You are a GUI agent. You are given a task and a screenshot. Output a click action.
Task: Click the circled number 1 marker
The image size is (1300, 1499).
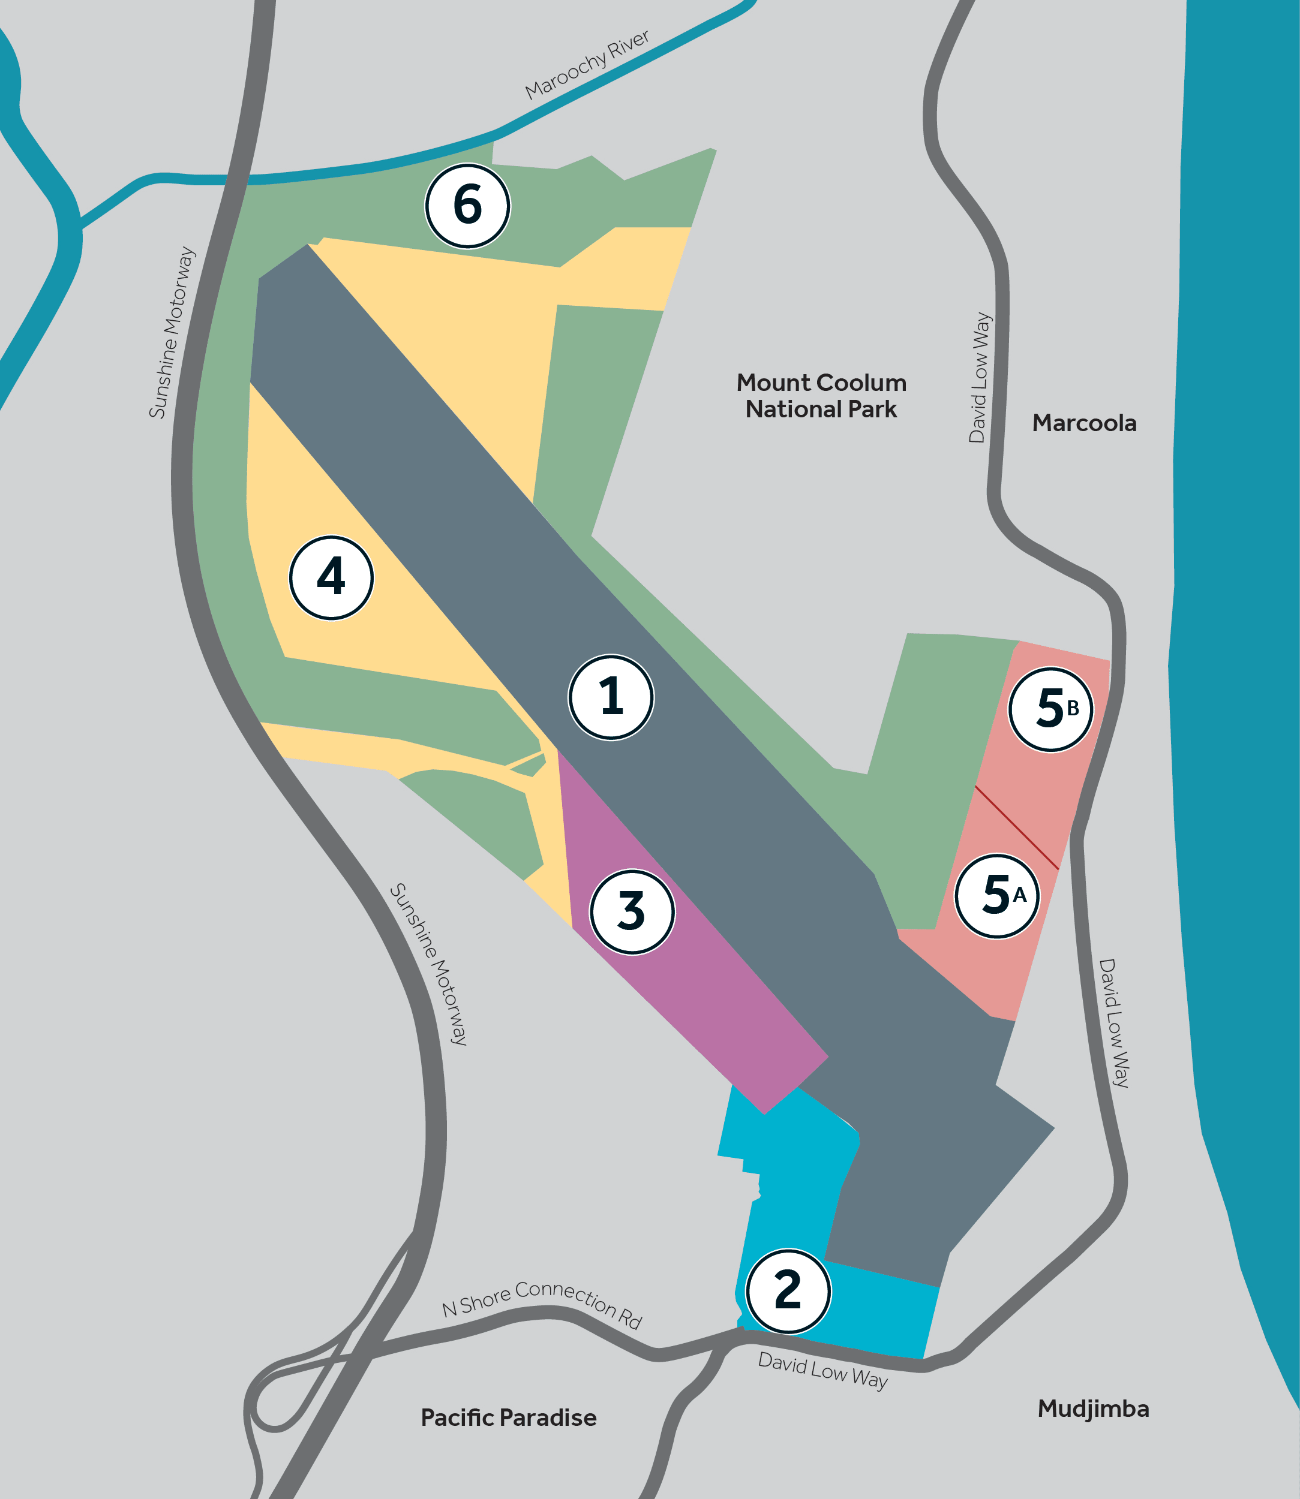pos(611,697)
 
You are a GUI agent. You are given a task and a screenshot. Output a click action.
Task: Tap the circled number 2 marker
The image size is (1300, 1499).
pos(788,1292)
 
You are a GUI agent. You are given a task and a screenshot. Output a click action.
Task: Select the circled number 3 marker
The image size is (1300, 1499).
pos(632,911)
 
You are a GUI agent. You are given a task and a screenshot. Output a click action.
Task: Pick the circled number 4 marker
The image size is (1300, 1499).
pos(332,578)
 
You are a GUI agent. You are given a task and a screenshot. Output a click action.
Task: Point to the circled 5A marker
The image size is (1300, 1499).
pos(997,896)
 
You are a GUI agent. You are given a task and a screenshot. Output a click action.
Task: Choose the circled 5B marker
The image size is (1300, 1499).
pos(1050,709)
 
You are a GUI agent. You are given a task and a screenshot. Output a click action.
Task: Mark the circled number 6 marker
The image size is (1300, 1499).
pos(468,205)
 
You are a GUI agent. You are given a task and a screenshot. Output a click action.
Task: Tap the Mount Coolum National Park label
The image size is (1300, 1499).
pos(821,396)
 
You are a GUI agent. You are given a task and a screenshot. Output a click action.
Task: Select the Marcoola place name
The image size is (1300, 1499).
pos(1084,423)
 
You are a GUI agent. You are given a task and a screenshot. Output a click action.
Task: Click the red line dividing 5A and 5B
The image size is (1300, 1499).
pos(1016,827)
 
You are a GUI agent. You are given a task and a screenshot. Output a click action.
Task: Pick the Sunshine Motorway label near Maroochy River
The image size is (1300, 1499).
pos(172,333)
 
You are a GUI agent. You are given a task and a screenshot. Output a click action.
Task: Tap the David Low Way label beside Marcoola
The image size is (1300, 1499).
pos(980,377)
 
